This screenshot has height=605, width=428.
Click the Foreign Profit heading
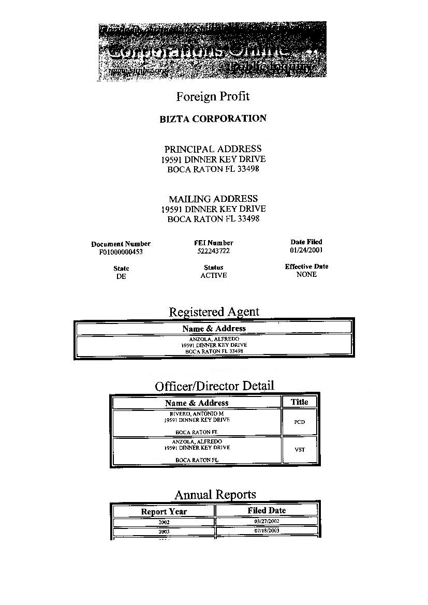[213, 96]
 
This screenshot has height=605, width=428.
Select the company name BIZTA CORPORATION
[213, 119]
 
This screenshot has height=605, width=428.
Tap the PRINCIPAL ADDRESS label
[213, 149]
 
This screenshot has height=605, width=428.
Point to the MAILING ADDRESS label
[213, 199]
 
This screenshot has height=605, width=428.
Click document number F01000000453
[121, 253]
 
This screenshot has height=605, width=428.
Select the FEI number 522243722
[213, 252]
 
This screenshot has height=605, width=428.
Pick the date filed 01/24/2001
[306, 250]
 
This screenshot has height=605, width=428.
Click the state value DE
[121, 276]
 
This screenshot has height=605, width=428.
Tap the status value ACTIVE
[214, 275]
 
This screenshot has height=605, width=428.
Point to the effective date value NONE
[306, 274]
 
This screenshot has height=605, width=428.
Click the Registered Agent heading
[214, 312]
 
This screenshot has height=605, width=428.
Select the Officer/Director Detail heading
[214, 386]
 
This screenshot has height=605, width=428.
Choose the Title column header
[299, 402]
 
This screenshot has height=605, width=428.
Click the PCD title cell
[299, 422]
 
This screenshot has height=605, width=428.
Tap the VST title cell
[300, 450]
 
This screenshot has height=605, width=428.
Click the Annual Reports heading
[215, 495]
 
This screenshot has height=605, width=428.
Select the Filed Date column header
[266, 510]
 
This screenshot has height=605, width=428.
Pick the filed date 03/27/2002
[267, 522]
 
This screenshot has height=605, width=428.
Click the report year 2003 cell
[164, 532]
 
